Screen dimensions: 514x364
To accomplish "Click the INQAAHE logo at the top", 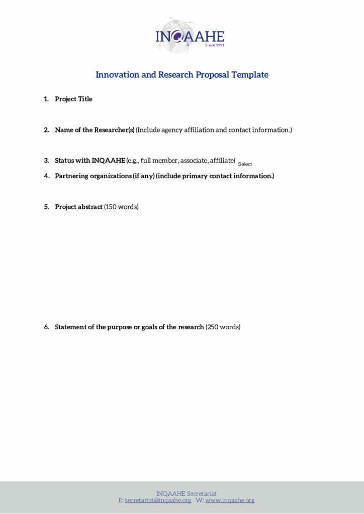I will (189, 36).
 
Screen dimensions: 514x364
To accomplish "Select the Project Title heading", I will (73, 99).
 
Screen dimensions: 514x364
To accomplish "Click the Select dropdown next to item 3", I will (245, 164).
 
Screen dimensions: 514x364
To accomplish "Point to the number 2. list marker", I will (46, 130).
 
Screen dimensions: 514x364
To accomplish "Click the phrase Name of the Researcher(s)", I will (95, 130).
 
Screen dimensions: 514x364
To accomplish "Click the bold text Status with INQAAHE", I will (89, 161).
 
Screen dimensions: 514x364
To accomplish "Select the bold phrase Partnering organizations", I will (93, 176).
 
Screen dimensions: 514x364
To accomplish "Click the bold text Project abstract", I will (78, 207).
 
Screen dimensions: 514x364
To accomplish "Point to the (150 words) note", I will (121, 207).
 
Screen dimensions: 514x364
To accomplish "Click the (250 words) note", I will (223, 327).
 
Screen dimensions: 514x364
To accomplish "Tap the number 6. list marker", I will (46, 327).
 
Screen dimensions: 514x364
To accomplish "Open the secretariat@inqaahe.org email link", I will (158, 500).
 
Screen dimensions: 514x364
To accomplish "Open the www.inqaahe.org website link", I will (230, 500).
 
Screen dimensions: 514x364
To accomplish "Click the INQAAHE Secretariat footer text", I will (186, 494).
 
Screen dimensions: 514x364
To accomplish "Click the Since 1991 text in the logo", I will (214, 45).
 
